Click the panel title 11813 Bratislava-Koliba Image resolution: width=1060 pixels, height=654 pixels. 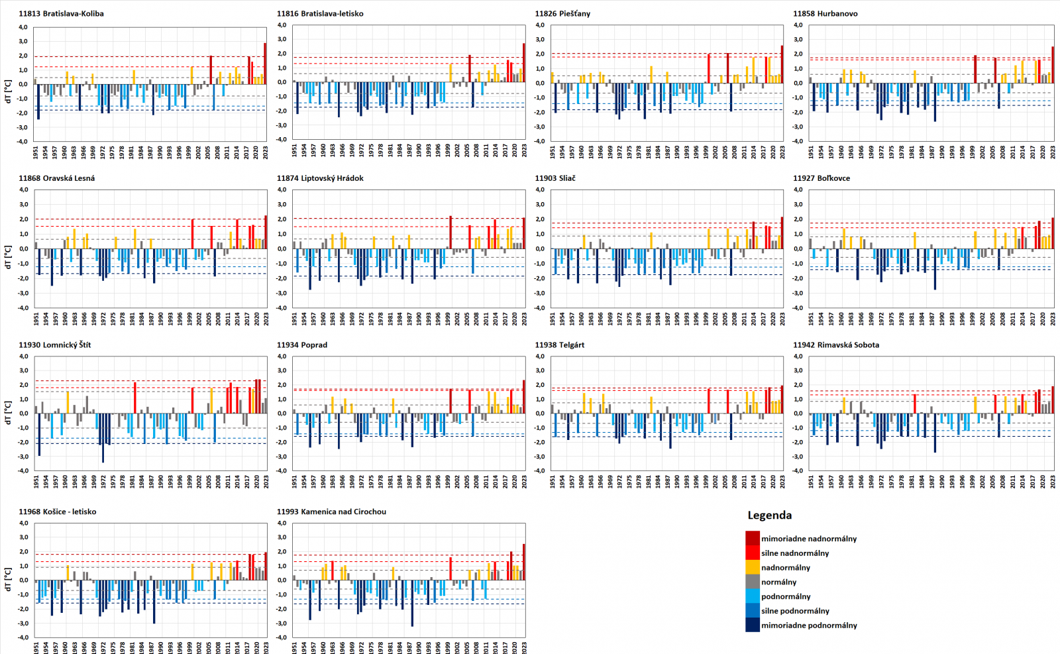click(x=61, y=13)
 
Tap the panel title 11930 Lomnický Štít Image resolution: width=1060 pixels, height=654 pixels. click(x=55, y=345)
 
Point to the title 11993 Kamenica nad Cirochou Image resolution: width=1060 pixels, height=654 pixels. click(x=331, y=512)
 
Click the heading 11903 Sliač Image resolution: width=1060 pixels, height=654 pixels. click(x=555, y=178)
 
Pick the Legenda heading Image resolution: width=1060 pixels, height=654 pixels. click(x=769, y=515)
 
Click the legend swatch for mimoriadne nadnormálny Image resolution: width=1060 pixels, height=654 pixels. click(x=753, y=538)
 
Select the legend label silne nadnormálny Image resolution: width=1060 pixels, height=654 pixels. click(x=795, y=553)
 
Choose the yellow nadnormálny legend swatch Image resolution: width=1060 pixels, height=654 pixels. click(x=753, y=567)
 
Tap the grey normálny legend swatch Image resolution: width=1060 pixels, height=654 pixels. click(x=753, y=582)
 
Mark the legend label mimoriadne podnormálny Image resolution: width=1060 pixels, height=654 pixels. click(x=809, y=626)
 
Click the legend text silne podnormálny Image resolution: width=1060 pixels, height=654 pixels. click(x=795, y=611)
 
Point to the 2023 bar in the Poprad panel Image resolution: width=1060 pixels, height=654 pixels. click(x=523, y=396)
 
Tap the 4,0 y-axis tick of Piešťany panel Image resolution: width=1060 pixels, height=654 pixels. click(x=540, y=25)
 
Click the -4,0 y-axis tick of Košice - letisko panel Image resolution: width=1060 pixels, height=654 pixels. click(x=23, y=637)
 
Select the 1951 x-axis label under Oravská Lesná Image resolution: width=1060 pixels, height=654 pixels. click(x=36, y=318)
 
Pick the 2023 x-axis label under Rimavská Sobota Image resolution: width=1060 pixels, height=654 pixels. click(x=1053, y=482)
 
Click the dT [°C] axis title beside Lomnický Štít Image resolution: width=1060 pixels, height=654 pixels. click(x=8, y=412)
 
